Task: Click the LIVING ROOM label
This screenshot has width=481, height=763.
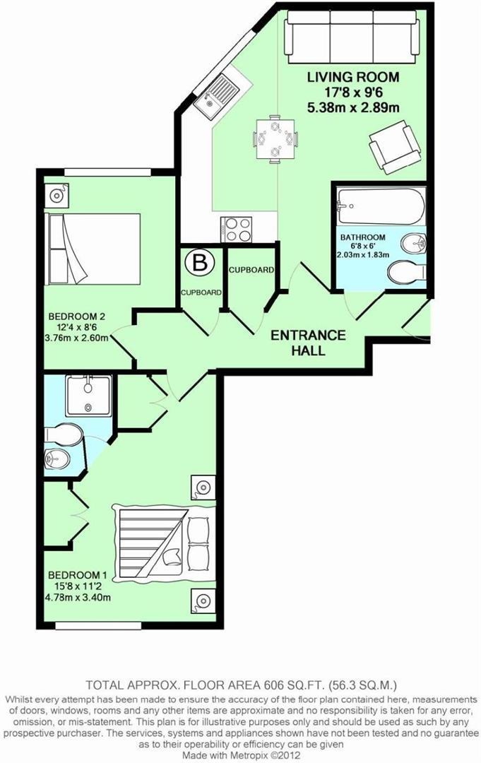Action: click(353, 77)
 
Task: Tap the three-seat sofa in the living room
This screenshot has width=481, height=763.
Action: click(351, 37)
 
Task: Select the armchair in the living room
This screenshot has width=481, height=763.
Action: click(394, 146)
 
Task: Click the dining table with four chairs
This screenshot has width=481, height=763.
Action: click(275, 138)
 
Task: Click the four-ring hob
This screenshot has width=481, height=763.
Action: click(236, 229)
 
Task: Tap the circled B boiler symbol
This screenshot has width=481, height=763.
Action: click(199, 263)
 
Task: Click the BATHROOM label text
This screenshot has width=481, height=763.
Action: click(362, 237)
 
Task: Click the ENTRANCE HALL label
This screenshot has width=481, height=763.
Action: click(309, 343)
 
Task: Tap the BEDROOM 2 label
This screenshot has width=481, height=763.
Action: click(76, 317)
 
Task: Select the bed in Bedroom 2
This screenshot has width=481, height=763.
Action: click(93, 249)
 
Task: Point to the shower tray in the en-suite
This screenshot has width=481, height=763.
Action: click(88, 395)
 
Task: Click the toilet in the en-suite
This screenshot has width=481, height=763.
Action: click(64, 434)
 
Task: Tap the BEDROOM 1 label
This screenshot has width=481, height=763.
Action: click(78, 573)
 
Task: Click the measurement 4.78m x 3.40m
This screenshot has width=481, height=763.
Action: click(78, 596)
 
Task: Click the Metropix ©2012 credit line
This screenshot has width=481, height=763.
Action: click(242, 755)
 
